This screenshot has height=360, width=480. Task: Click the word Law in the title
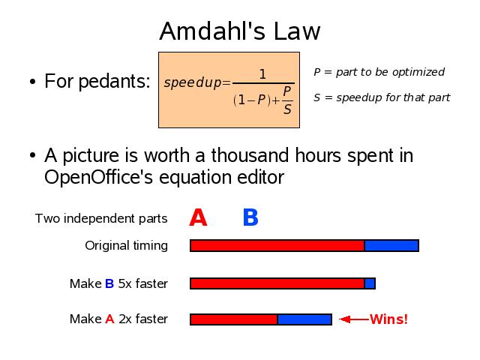click(x=297, y=31)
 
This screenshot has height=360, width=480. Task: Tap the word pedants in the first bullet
click(x=115, y=81)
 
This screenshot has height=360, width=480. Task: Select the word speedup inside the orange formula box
click(x=193, y=82)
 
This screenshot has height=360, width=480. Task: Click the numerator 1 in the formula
click(x=262, y=74)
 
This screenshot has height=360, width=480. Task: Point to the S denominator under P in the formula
click(x=287, y=109)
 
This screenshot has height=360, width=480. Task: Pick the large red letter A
click(x=198, y=217)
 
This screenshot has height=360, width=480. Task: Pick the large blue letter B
click(x=250, y=217)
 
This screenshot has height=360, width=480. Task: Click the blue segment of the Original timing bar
click(x=391, y=246)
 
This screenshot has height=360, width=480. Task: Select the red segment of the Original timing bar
click(x=277, y=246)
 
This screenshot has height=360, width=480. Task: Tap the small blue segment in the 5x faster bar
click(x=370, y=283)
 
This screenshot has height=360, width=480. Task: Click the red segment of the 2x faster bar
click(x=233, y=319)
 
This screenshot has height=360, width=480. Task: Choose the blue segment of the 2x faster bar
click(x=304, y=319)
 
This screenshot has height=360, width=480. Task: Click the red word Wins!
click(x=388, y=319)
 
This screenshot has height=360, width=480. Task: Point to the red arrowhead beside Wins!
click(x=345, y=319)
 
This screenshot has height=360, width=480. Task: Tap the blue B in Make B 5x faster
click(x=109, y=283)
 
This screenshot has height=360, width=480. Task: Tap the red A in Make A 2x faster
click(x=109, y=319)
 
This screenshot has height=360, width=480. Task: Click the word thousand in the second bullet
click(x=250, y=155)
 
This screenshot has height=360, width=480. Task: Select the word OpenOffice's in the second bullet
click(x=98, y=177)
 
